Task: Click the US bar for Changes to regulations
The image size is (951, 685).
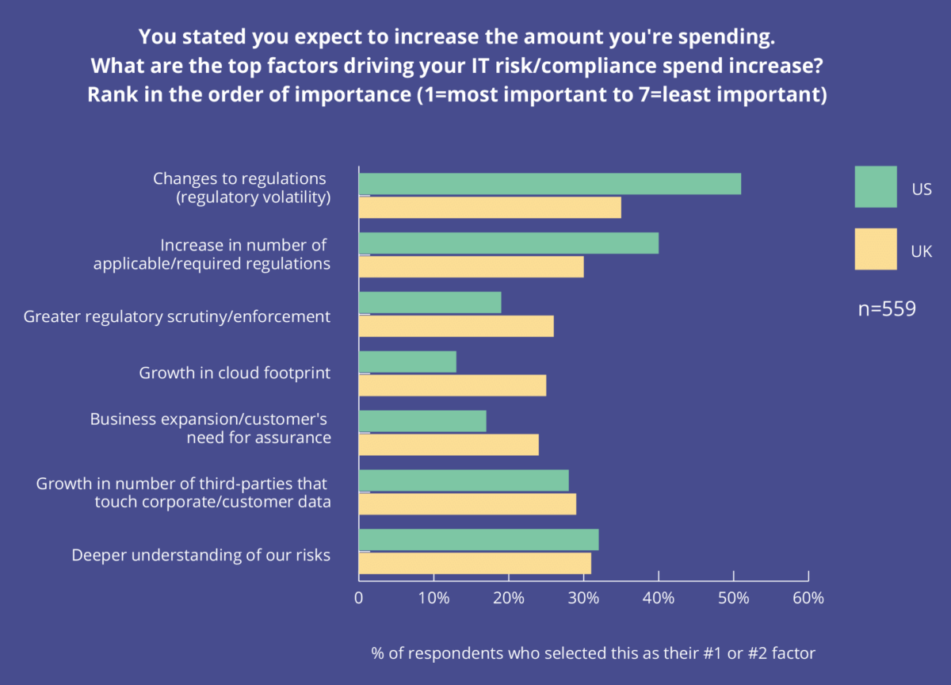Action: tap(550, 184)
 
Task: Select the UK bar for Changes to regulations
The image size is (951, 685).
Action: tap(490, 208)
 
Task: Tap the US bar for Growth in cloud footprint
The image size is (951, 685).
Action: tap(407, 362)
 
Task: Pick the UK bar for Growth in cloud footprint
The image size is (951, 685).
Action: tap(453, 385)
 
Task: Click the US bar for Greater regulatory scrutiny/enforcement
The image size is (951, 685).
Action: tap(430, 302)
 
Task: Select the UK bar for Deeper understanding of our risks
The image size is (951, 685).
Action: tap(475, 564)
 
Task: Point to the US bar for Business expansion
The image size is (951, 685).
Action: tap(422, 421)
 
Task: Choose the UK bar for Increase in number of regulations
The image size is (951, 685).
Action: tap(472, 266)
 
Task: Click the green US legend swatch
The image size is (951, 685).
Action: tap(876, 187)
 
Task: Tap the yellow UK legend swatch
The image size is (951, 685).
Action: tap(876, 249)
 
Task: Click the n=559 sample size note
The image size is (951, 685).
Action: tap(887, 309)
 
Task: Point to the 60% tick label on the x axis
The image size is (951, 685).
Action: tap(808, 598)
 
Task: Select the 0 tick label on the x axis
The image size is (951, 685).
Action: tap(359, 598)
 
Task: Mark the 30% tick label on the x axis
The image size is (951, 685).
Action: tap(583, 598)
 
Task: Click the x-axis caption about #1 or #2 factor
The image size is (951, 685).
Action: tap(593, 653)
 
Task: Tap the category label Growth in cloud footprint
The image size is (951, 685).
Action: tap(235, 373)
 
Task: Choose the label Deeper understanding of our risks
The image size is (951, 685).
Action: tap(201, 555)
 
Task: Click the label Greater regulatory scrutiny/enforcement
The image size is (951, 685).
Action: tap(177, 317)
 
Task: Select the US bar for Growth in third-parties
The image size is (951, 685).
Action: tap(464, 480)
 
